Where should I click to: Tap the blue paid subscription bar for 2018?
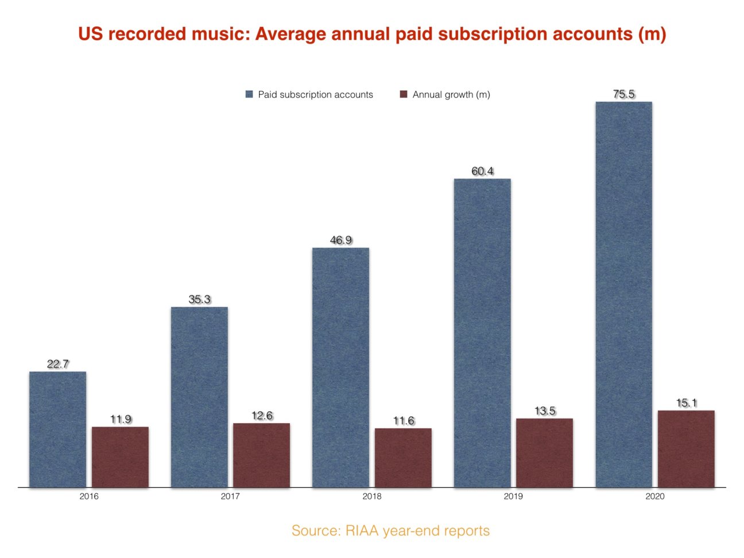340,367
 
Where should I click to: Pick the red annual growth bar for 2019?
544,453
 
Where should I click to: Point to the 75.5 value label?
623,94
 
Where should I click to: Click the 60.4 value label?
482,171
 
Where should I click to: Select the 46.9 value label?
340,240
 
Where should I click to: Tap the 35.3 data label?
199,299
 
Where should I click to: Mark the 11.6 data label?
403,421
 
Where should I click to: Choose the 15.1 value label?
686,403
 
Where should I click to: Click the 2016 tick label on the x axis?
89,496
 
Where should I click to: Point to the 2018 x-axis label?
372,496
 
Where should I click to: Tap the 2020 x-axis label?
655,496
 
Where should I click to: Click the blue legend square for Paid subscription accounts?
249,94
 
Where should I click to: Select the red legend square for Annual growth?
404,94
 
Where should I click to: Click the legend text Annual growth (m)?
451,94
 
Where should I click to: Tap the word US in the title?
91,34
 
